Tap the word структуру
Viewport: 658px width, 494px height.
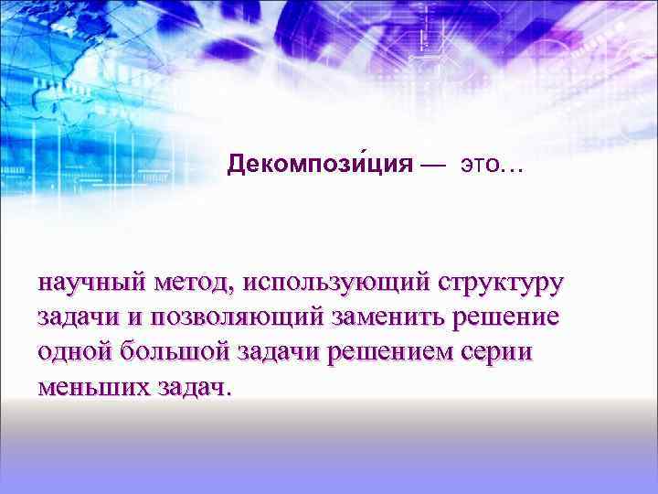502,283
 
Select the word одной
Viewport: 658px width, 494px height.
71,352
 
